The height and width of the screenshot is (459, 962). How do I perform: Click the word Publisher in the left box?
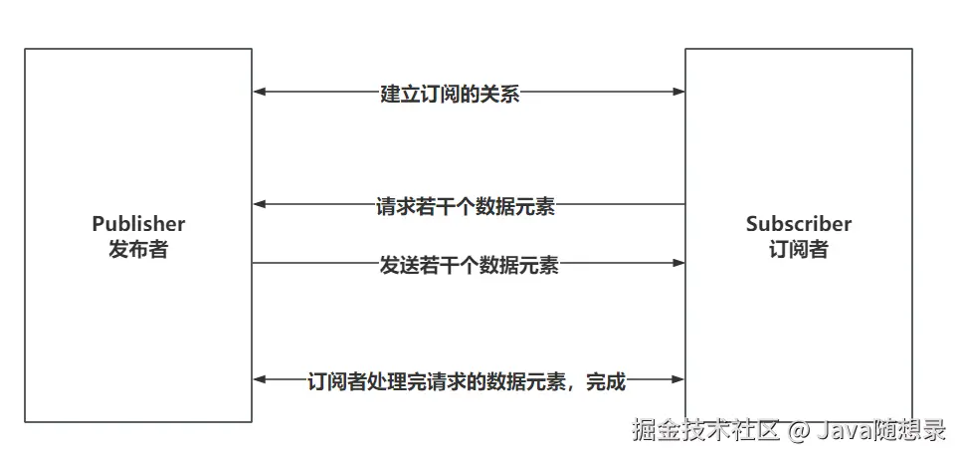pos(138,224)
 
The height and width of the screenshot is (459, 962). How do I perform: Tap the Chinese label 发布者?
pos(138,249)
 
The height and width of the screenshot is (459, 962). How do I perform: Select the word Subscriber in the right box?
pos(799,224)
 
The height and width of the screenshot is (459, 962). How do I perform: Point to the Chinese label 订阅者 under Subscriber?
pos(799,249)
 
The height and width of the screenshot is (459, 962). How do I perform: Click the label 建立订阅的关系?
pos(450,95)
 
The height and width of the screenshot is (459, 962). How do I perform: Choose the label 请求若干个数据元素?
pos(466,207)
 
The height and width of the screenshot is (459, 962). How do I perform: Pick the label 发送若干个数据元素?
pos(469,266)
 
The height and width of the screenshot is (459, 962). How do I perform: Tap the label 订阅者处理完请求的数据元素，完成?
pos(467,380)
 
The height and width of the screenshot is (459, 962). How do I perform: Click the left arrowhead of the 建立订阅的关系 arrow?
pos(259,93)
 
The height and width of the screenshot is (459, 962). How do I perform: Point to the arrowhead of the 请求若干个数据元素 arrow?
pos(259,205)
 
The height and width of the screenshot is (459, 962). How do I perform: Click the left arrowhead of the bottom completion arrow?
pos(259,379)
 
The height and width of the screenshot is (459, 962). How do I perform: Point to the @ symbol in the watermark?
pos(799,432)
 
